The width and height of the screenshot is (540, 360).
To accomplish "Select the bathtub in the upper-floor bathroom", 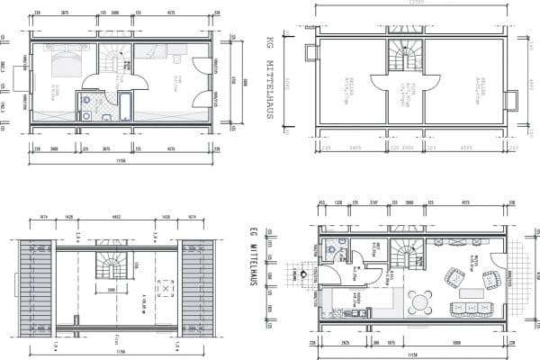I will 124,106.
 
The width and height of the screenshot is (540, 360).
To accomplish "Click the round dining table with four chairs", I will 421,301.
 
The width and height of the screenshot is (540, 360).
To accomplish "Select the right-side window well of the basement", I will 510,99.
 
